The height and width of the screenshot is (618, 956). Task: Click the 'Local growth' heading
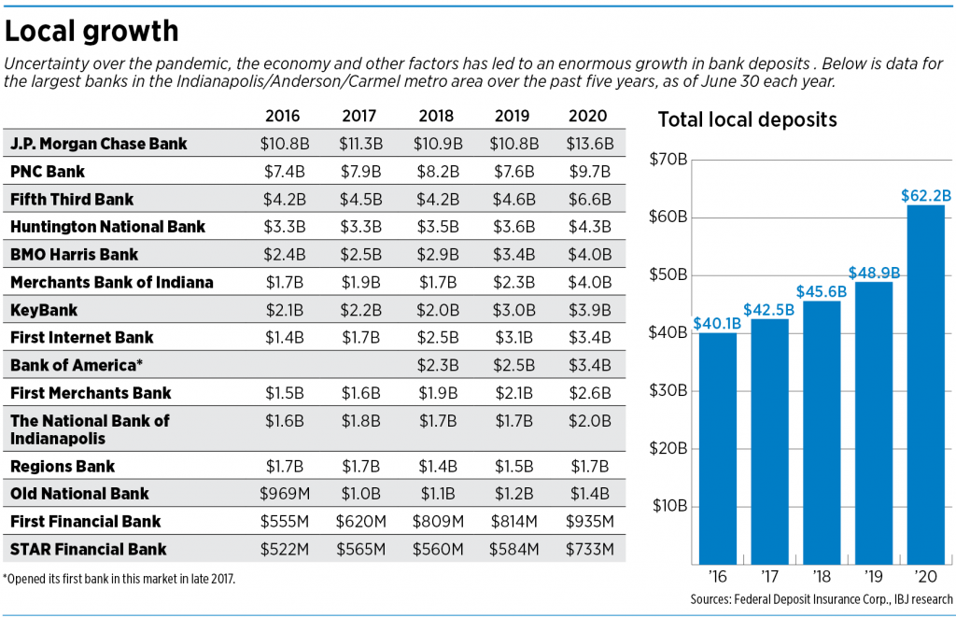(91, 31)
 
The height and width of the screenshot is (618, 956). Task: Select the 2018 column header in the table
(437, 117)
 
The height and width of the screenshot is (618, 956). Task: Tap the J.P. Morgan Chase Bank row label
(99, 144)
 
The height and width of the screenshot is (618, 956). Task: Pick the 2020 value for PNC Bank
(589, 172)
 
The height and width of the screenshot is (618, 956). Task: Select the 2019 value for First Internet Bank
(513, 337)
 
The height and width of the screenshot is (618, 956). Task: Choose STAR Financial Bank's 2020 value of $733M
(589, 549)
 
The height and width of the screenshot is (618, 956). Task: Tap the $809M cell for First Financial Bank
(437, 522)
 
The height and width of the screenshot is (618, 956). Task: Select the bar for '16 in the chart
(717, 448)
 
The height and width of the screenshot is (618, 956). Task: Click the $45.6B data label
(821, 291)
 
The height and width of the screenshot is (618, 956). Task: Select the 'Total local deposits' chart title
(747, 119)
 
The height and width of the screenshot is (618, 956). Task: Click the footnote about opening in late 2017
(119, 579)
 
